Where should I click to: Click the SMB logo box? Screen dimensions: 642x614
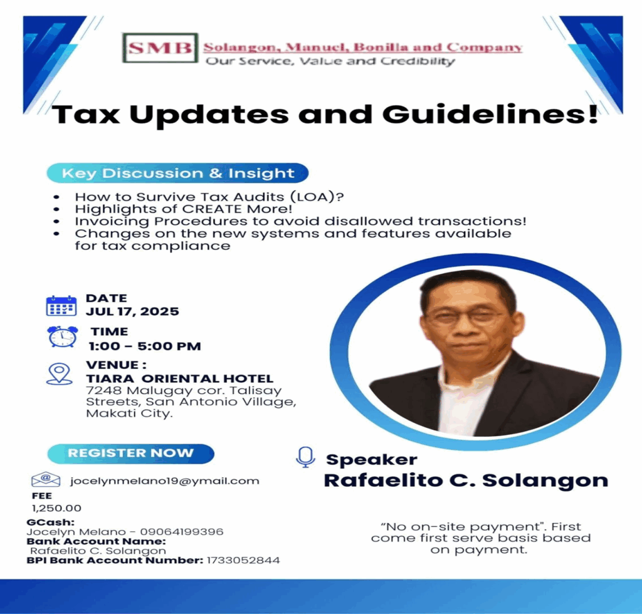tap(160, 48)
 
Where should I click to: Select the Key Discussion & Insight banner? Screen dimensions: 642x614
tap(177, 173)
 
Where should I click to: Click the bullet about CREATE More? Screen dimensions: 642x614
tap(184, 209)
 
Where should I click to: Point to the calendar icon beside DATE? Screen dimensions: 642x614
tap(61, 306)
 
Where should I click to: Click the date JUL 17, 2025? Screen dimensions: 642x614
tap(132, 312)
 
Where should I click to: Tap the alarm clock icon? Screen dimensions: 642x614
tap(62, 336)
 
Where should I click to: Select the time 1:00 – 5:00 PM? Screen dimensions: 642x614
tap(145, 346)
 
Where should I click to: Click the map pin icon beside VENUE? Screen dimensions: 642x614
tap(60, 374)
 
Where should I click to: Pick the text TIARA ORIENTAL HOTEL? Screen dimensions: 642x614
tap(179, 379)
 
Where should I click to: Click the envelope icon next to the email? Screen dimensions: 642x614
tap(46, 480)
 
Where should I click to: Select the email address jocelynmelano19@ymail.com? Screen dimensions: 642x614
tap(165, 481)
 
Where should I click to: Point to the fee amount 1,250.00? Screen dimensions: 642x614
tap(56, 508)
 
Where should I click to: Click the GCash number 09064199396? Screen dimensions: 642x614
tap(182, 532)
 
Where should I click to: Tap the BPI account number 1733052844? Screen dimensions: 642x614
tap(243, 560)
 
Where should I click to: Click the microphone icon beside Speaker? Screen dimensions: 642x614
tap(305, 457)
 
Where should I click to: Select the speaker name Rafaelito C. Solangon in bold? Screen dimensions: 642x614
tap(466, 481)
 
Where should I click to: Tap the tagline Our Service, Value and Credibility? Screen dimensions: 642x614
tap(330, 61)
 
